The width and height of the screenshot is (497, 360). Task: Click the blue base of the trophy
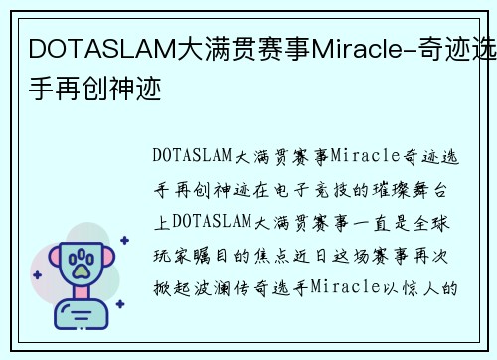click(x=77, y=315)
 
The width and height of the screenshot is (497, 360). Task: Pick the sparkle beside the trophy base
click(x=118, y=308)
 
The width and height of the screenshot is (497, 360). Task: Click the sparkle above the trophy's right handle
click(x=123, y=240)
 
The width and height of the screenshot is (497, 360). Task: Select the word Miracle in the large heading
click(x=349, y=48)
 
